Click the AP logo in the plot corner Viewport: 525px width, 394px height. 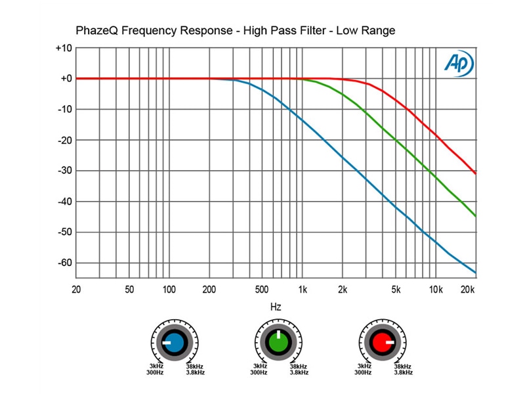pos(458,62)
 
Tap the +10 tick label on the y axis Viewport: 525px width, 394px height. pos(63,49)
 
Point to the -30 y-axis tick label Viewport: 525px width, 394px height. pos(63,171)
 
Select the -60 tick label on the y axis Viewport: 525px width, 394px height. pos(63,263)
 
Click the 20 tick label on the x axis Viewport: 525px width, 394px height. pos(76,290)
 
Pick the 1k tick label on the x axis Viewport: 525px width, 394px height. pos(303,290)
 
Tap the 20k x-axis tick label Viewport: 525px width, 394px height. pos(468,290)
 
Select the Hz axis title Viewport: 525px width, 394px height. pos(276,307)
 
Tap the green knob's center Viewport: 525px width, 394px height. pos(278,343)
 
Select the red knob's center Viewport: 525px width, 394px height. pos(382,343)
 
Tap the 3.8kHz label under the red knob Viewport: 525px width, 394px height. pos(404,373)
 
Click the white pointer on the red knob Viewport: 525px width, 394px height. pos(389,342)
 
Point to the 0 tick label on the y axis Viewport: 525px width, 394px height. pos(67,79)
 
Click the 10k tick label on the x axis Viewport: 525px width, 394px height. pos(436,290)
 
